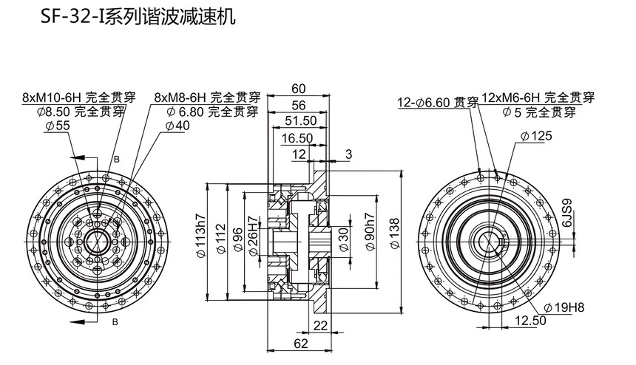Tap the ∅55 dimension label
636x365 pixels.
pyautogui.click(x=57, y=126)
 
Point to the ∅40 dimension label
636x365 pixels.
pyautogui.click(x=177, y=126)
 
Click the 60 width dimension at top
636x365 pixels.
pyautogui.click(x=299, y=89)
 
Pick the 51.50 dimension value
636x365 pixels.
pyautogui.click(x=300, y=120)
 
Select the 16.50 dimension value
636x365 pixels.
pyautogui.click(x=297, y=138)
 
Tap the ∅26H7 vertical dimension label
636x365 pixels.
pyautogui.click(x=254, y=241)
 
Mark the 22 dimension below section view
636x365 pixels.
pyautogui.click(x=320, y=326)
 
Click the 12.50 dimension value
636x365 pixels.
pyautogui.click(x=530, y=321)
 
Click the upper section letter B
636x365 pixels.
pyautogui.click(x=115, y=159)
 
